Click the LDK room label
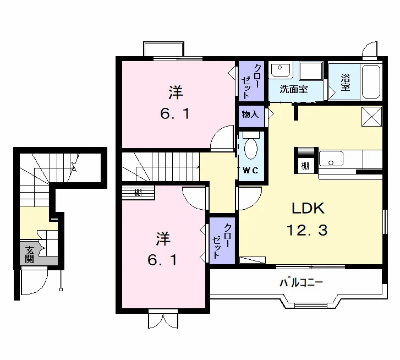click(308, 208)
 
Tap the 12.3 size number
click(307, 230)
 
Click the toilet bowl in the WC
click(251, 149)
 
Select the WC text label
click(250, 170)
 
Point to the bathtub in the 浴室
click(371, 81)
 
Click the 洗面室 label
click(294, 89)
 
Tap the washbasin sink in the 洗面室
click(281, 70)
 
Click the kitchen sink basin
click(331, 159)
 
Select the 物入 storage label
click(250, 114)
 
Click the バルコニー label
click(302, 283)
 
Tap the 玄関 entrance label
click(29, 254)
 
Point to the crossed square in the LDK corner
click(371, 117)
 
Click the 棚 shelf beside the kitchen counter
click(305, 166)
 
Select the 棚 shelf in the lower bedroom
click(138, 193)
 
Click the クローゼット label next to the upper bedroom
click(251, 81)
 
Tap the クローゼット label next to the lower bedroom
click(222, 241)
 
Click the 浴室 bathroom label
click(345, 82)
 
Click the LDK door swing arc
click(250, 199)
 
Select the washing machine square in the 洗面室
click(311, 71)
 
